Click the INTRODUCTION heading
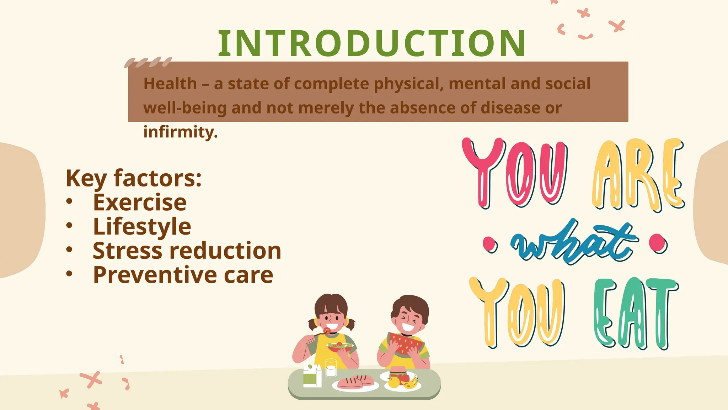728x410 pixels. [x=372, y=43]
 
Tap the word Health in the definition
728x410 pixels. [x=170, y=84]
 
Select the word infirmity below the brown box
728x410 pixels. [x=180, y=132]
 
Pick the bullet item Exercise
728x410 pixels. [x=140, y=202]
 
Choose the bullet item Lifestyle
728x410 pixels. [x=142, y=226]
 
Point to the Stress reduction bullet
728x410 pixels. [x=187, y=251]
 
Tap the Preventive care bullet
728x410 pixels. [x=183, y=275]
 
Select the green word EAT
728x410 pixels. [x=635, y=313]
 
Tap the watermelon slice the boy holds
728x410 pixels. [x=405, y=343]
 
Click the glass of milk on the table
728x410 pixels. [x=331, y=368]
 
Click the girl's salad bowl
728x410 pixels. [x=341, y=347]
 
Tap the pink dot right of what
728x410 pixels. [x=658, y=243]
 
